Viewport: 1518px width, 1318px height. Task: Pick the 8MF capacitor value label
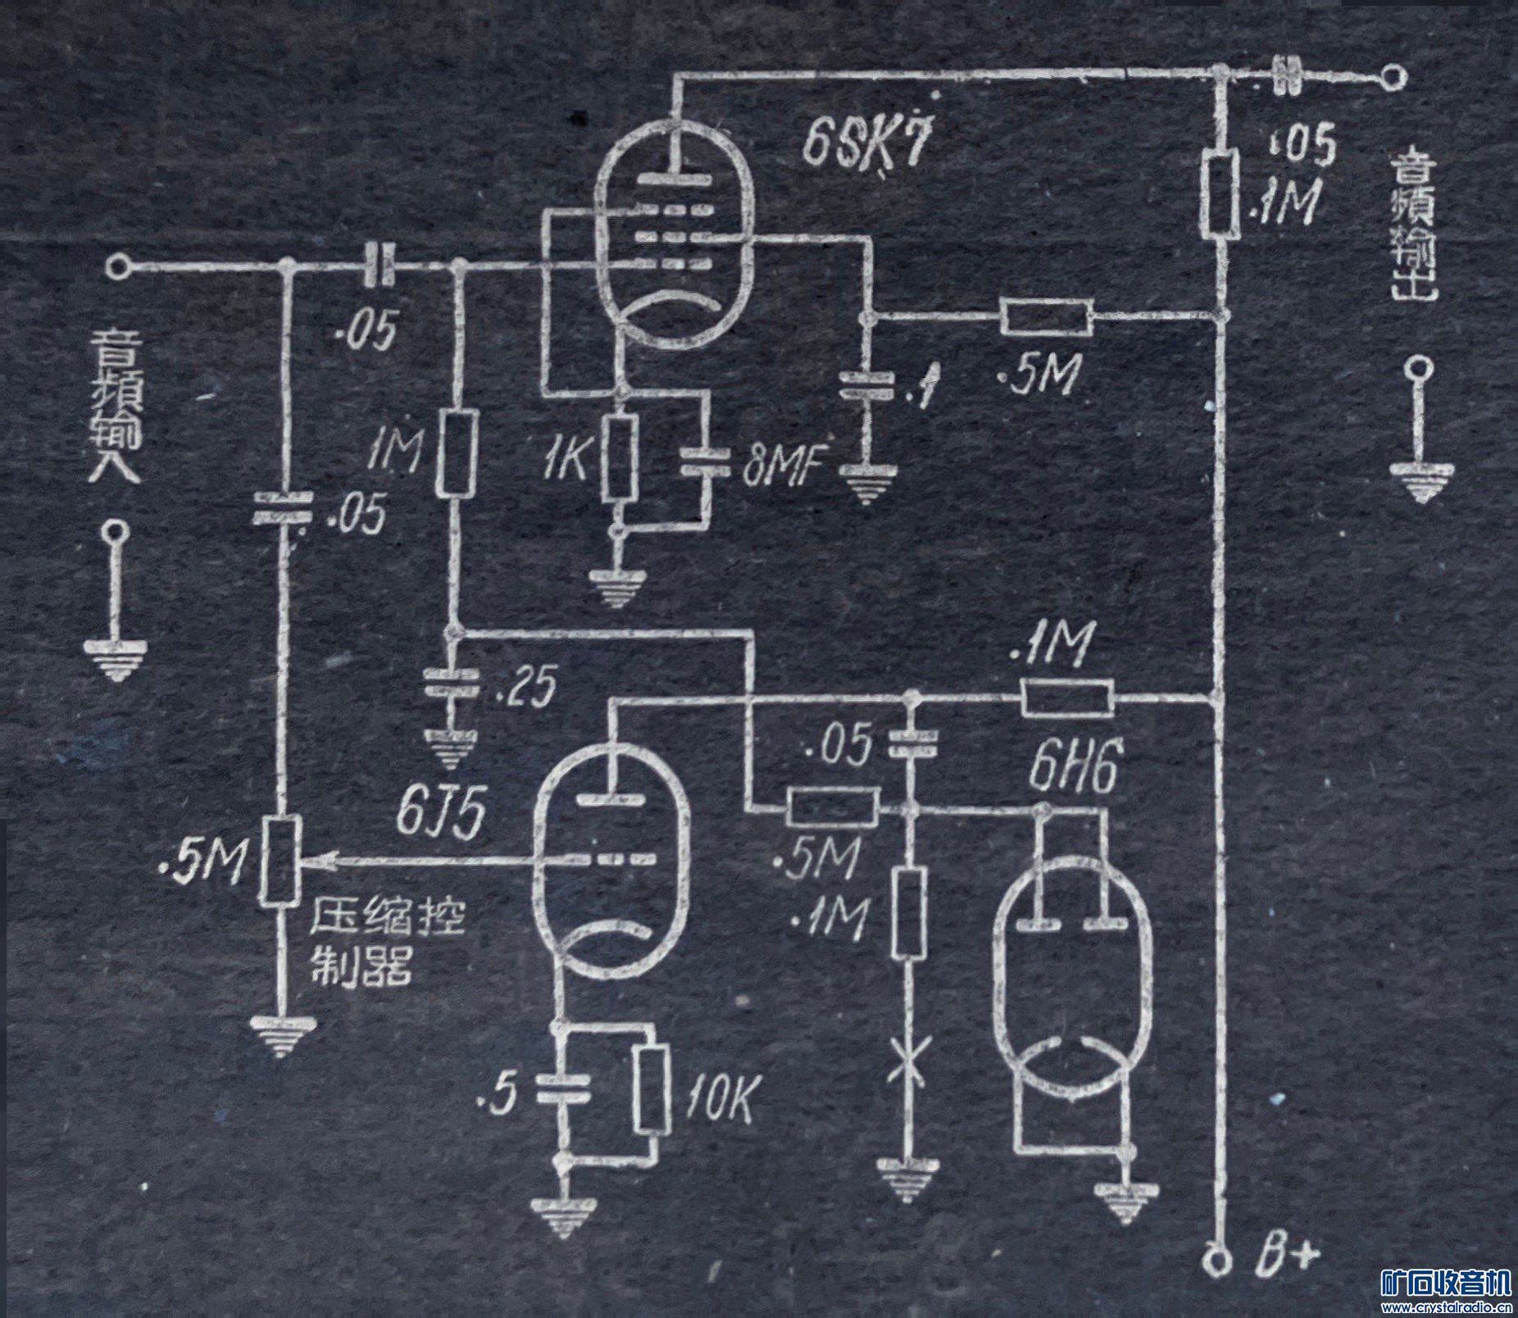click(x=779, y=470)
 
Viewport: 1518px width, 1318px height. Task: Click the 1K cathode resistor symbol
click(x=620, y=457)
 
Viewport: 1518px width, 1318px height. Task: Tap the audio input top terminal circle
click(x=118, y=266)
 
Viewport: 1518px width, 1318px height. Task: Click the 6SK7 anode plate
click(x=674, y=178)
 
